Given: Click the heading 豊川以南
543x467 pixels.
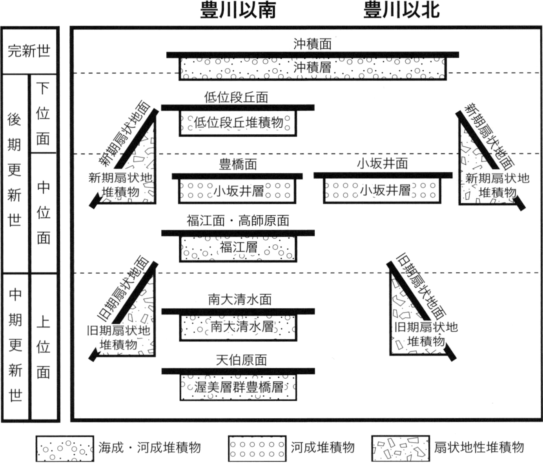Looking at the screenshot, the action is [x=238, y=11].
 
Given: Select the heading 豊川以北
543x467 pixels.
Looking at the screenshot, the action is [x=402, y=11].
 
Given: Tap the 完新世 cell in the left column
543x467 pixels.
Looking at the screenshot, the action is [x=29, y=51].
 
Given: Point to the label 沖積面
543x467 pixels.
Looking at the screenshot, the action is [x=312, y=44].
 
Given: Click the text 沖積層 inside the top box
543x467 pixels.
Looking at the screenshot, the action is [x=312, y=67].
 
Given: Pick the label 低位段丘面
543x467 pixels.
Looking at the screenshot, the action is [x=237, y=97].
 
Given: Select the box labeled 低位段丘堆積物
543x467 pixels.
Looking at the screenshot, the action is [x=238, y=123].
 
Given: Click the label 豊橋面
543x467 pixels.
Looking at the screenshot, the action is [x=238, y=164].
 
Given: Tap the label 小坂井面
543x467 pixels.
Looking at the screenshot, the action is [x=383, y=163].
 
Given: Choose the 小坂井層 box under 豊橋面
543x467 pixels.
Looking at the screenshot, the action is [x=237, y=191].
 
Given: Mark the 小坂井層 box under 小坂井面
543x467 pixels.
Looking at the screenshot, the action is [x=382, y=190].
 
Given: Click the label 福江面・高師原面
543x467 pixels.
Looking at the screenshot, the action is [x=238, y=221].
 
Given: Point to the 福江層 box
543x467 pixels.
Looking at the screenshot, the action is [x=238, y=249].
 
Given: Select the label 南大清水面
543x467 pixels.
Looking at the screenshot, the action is [x=240, y=300].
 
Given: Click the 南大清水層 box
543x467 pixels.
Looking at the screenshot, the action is [x=238, y=328].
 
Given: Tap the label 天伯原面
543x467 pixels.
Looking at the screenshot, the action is [x=241, y=360].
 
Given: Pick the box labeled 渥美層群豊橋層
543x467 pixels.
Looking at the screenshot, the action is [x=238, y=387].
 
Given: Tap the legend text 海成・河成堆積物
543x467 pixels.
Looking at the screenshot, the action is [x=150, y=447].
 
